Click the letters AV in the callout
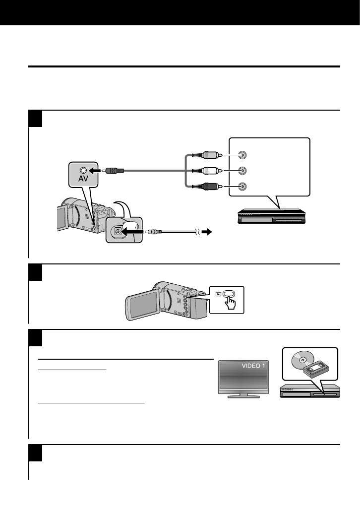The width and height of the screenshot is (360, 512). pyautogui.click(x=82, y=179)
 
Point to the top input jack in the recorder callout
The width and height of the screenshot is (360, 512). pyautogui.click(x=241, y=154)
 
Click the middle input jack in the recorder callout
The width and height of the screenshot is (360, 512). pyautogui.click(x=241, y=171)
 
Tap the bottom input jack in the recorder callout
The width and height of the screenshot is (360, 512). pyautogui.click(x=241, y=187)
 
